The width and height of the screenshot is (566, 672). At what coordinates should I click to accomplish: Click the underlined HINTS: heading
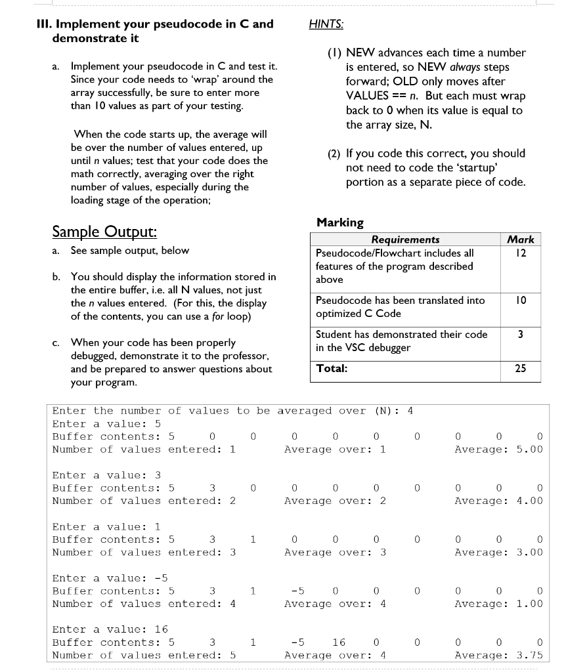326,24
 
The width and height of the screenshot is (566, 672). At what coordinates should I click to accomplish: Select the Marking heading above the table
339,222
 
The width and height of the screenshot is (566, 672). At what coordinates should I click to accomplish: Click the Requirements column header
405,240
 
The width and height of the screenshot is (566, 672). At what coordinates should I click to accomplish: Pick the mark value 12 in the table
521,253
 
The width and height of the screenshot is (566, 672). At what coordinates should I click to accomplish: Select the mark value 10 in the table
521,301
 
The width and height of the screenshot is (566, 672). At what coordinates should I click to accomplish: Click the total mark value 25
521,368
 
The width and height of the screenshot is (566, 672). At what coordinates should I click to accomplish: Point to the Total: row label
331,368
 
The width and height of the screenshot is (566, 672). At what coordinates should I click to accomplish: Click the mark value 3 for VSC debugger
521,335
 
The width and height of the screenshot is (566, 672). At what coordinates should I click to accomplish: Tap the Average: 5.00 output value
498,450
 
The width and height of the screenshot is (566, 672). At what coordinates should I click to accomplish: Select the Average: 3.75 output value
498,655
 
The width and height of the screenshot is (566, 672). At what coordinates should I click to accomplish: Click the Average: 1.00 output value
498,604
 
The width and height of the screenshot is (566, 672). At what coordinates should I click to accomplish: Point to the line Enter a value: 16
110,629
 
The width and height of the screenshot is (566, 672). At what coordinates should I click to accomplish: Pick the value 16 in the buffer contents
338,642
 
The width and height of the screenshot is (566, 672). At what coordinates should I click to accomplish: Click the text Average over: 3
335,553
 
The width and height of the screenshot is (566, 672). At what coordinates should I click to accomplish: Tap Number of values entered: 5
144,655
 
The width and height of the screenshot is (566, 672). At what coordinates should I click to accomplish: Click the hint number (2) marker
334,154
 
